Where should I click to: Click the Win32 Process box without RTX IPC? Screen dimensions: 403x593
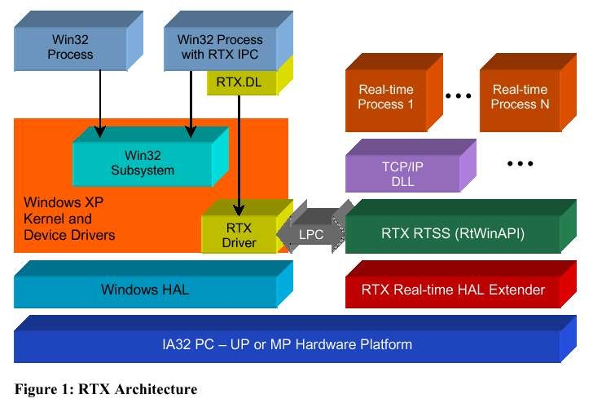coord(70,47)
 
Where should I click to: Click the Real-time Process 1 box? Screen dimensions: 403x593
coord(386,97)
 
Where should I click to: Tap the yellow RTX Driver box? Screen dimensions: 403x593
coord(239,235)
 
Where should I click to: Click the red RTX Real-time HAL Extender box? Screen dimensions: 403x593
coord(452,290)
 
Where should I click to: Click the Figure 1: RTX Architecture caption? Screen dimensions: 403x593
coord(105,389)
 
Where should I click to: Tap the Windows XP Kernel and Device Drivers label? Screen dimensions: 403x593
coord(69,219)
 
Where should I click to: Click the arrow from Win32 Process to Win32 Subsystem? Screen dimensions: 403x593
coord(99,102)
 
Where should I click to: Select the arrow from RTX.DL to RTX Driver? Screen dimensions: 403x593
coord(239,155)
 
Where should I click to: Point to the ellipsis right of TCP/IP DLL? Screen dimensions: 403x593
coord(519,164)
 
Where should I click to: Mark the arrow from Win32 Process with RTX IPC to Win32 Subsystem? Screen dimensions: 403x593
coord(191,102)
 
